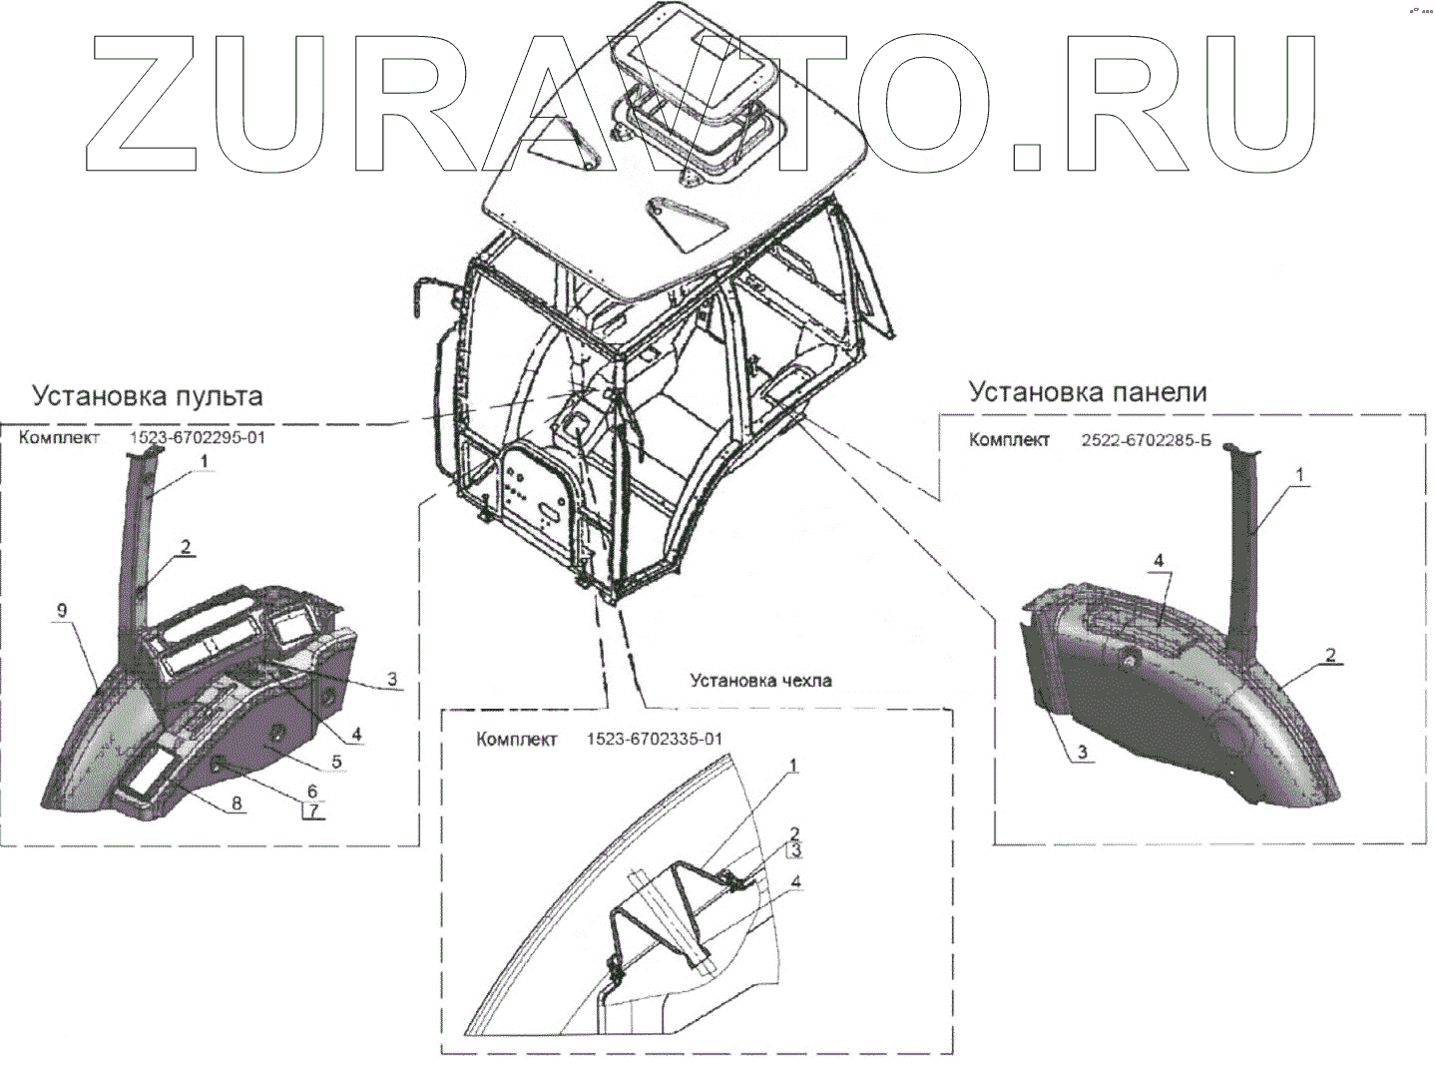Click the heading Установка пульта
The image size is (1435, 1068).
148,396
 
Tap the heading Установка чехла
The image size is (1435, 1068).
760,681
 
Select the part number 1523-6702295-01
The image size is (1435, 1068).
198,437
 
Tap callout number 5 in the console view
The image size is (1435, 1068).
336,762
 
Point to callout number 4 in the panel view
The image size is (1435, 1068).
1159,561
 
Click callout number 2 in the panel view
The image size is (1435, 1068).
1330,655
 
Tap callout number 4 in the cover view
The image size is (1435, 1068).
795,882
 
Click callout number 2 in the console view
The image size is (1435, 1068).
186,547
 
